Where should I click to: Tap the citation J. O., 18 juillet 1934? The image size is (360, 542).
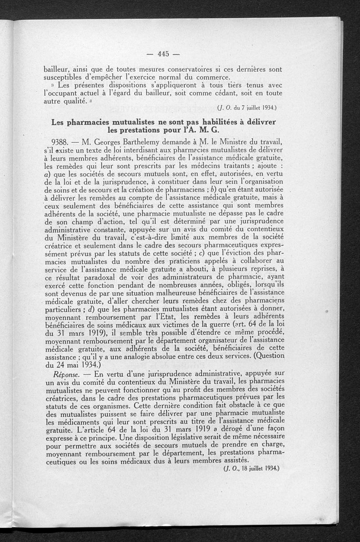[x=252, y=468]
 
